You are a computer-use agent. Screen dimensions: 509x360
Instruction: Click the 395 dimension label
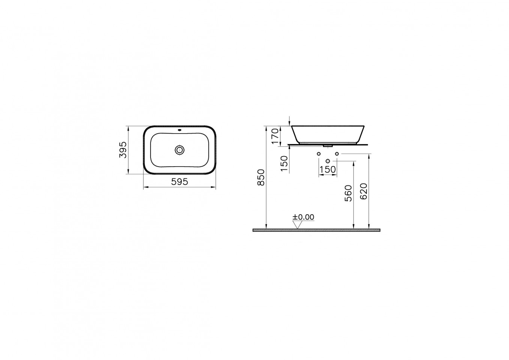tap(123, 150)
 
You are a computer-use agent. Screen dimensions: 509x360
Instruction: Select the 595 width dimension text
tap(179, 182)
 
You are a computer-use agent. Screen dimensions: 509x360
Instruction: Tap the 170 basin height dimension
tap(275, 136)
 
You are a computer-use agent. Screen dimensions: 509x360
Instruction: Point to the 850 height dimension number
tap(261, 178)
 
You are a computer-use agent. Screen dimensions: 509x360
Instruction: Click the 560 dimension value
tap(348, 193)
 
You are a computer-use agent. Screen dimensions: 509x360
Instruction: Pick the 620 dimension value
tap(364, 191)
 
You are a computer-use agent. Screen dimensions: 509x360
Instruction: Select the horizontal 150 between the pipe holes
tap(328, 169)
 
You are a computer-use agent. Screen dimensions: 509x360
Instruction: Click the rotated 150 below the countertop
tap(284, 164)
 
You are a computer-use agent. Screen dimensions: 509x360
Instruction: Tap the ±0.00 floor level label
tap(303, 217)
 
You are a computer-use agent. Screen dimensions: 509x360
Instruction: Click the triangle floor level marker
tap(297, 225)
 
